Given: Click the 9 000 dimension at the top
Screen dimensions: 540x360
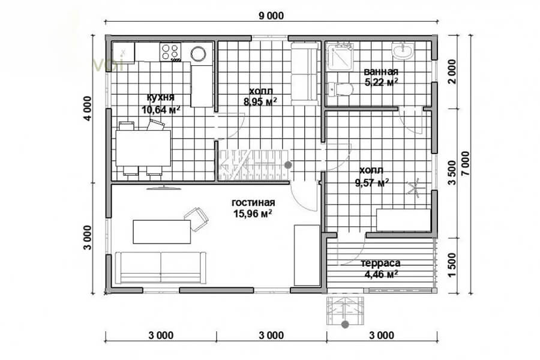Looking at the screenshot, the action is [x=271, y=16].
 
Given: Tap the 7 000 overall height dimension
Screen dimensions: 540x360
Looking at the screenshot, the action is [x=465, y=164].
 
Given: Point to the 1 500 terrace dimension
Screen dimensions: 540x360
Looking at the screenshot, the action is [x=452, y=265].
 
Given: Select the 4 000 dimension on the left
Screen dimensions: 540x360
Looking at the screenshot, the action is [x=88, y=109].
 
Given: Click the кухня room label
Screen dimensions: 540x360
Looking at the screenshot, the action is [x=160, y=97].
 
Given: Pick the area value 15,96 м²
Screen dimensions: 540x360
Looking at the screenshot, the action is [x=253, y=214].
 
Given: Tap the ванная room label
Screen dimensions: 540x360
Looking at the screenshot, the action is [x=381, y=71].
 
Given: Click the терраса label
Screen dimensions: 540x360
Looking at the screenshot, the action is [x=380, y=263].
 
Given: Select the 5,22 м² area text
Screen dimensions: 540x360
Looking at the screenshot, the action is [x=381, y=82].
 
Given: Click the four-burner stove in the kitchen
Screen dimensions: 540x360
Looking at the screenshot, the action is [x=170, y=52].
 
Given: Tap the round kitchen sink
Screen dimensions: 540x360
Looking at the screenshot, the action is [x=199, y=53].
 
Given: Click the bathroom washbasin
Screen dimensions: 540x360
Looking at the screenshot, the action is [x=403, y=51].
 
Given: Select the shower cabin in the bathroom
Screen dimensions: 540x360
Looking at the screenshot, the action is [x=338, y=57].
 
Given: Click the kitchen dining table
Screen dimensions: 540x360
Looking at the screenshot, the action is [x=143, y=148].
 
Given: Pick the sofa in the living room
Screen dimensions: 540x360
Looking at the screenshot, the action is [x=160, y=268].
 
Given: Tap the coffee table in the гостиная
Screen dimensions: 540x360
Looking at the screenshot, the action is [x=162, y=232].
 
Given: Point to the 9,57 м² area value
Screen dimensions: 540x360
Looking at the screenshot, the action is [x=372, y=182].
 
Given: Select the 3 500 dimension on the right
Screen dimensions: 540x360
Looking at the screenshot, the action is [x=452, y=173].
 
